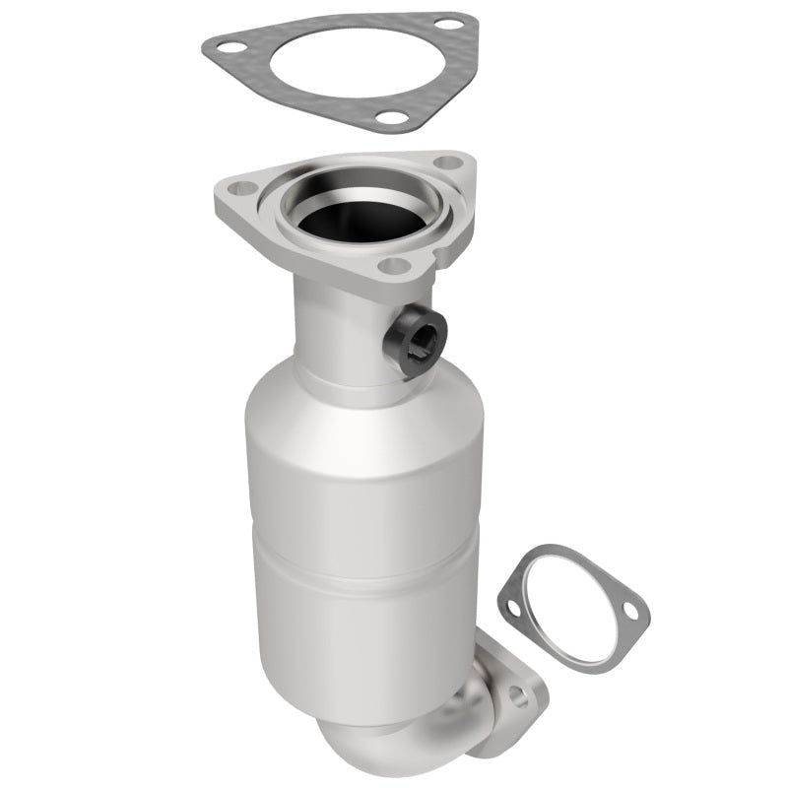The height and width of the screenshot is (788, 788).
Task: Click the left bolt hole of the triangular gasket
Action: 228,46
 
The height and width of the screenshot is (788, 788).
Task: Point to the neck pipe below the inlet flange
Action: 335,325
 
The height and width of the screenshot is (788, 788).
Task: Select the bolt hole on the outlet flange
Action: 516,699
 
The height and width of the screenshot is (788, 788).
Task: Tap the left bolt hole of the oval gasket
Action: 512,608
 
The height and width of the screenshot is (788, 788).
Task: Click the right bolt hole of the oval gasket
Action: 630,613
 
